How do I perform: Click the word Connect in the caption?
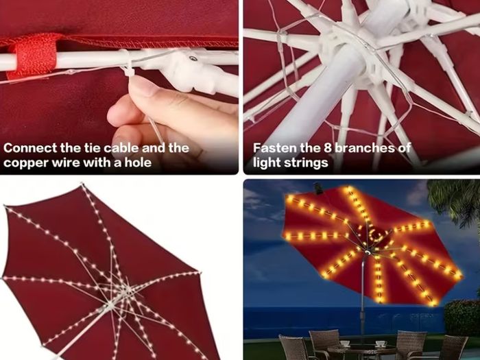pyautogui.click(x=29, y=148)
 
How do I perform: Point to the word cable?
pyautogui.click(x=122, y=148)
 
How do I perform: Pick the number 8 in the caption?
pyautogui.click(x=328, y=148)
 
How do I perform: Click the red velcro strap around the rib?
pyautogui.click(x=33, y=56)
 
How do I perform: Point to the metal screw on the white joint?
pyautogui.click(x=193, y=58)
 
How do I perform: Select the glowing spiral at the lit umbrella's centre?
pyautogui.click(x=375, y=235)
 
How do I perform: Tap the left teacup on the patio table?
pyautogui.click(x=344, y=344)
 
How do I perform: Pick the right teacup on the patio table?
pyautogui.click(x=380, y=344)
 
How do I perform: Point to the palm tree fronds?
pyautogui.click(x=455, y=199)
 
